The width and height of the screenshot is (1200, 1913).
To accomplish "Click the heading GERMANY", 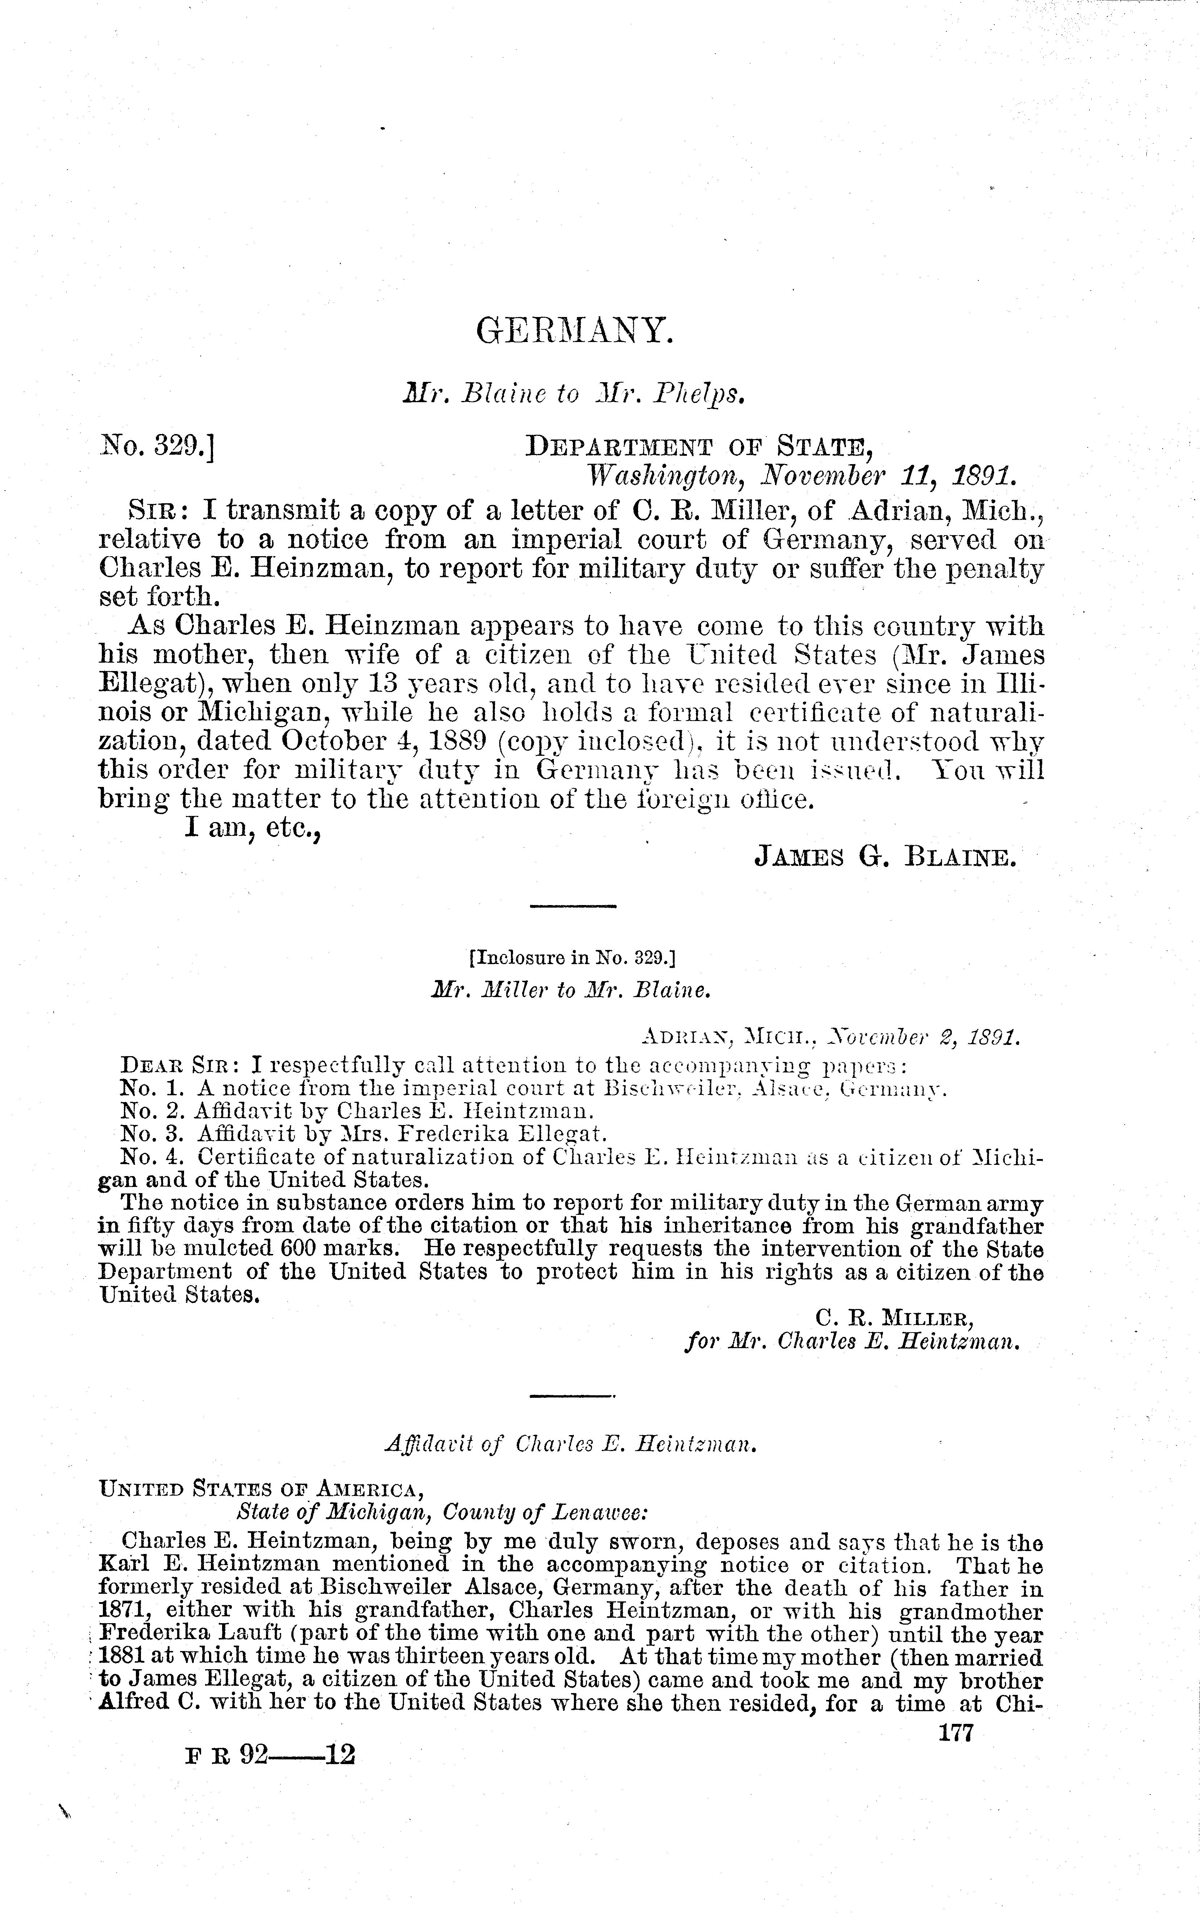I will (x=575, y=331).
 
